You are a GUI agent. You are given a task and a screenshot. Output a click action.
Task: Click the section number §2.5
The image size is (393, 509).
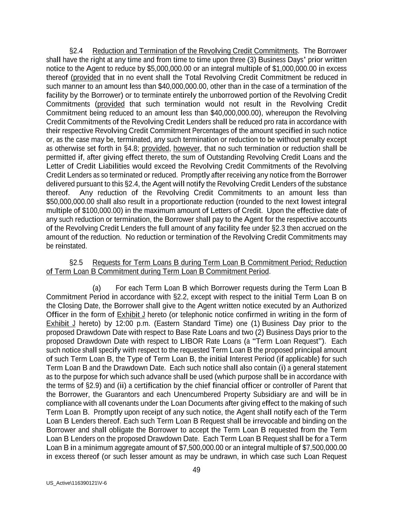[76, 263]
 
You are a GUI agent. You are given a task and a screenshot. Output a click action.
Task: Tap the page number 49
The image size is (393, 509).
[196, 470]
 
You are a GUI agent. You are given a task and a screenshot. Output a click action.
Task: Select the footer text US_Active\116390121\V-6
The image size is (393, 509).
[76, 483]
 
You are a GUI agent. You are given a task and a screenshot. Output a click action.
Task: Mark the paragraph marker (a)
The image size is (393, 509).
[96, 288]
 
